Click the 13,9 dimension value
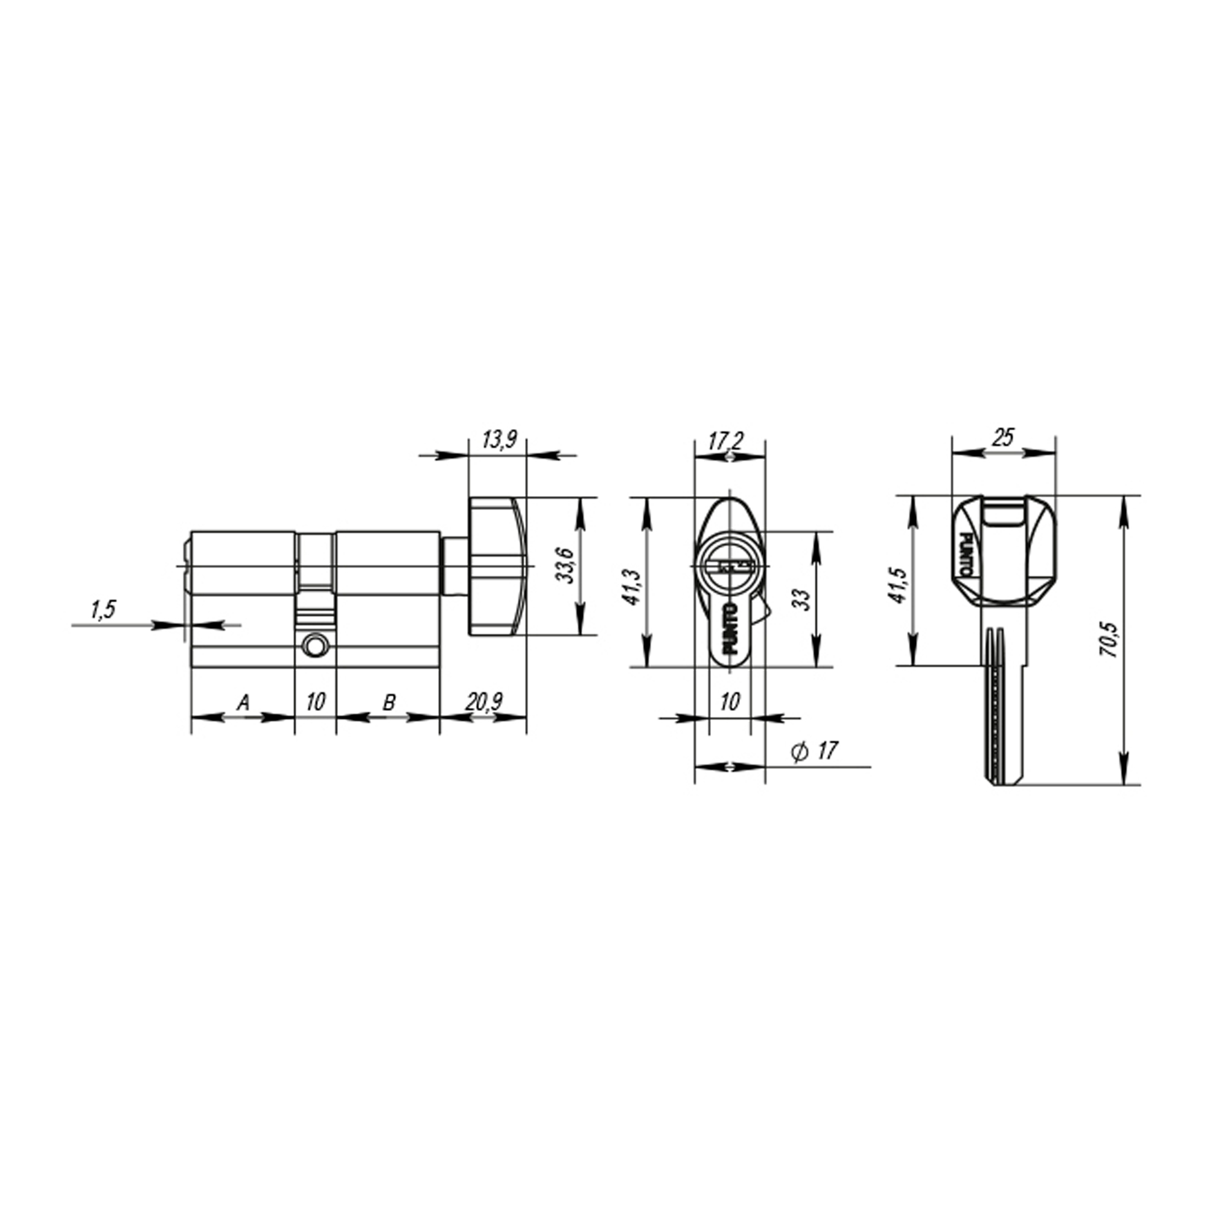coord(498,440)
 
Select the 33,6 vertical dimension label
coord(565,565)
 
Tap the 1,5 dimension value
coord(103,610)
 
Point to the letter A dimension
coord(243,703)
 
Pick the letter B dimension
coord(388,703)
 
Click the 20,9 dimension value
coord(483,702)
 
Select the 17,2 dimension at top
coord(726,441)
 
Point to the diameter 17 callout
coord(815,751)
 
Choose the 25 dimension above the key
coord(1002,438)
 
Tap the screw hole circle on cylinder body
coord(314,646)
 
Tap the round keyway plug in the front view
coord(730,566)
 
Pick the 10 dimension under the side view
coord(316,702)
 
